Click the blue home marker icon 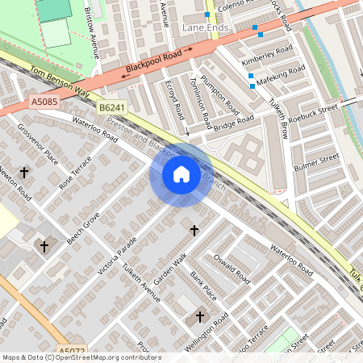181,174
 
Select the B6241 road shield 113,107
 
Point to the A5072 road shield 73,352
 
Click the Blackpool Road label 157,63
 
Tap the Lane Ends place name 206,27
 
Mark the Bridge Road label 234,123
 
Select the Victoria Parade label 118,255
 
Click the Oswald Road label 232,269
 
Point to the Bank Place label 203,283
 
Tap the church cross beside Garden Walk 194,231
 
